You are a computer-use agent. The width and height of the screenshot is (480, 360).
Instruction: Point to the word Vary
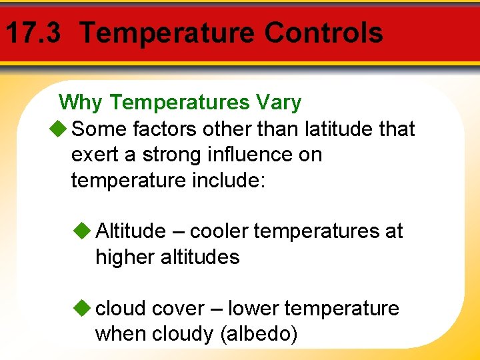pyautogui.click(x=278, y=103)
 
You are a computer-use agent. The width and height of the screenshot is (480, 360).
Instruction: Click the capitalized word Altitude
pyautogui.click(x=131, y=231)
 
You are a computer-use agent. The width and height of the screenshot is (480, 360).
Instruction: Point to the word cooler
pyautogui.click(x=219, y=231)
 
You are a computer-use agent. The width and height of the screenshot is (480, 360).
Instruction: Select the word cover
pyautogui.click(x=178, y=309)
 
